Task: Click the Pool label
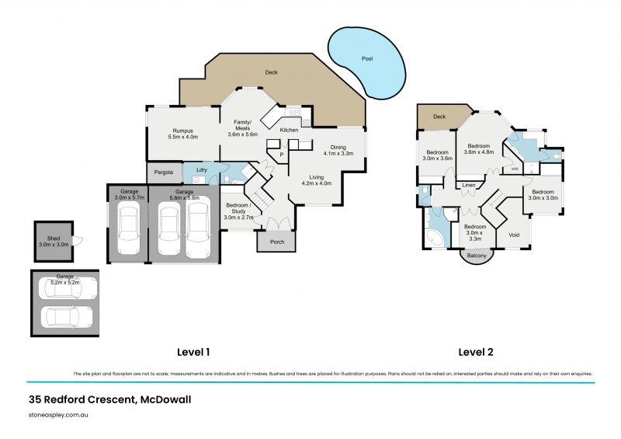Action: pos(367,59)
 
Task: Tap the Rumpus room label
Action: pos(183,134)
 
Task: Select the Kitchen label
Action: pos(289,130)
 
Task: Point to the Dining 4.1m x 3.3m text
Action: pos(338,150)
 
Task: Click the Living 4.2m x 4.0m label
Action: pos(316,180)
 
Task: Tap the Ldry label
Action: pos(200,169)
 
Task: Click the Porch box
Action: pos(276,242)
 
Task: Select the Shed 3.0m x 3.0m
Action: pos(54,241)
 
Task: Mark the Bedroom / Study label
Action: pos(238,211)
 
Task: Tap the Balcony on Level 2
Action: pos(476,256)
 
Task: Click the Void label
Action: pos(514,234)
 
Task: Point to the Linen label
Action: pos(469,185)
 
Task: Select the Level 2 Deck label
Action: pos(439,117)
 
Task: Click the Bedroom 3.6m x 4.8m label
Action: pos(478,149)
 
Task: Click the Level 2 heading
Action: pos(476,352)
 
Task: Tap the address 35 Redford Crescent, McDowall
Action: pos(109,399)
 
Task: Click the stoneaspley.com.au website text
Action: pos(61,416)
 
